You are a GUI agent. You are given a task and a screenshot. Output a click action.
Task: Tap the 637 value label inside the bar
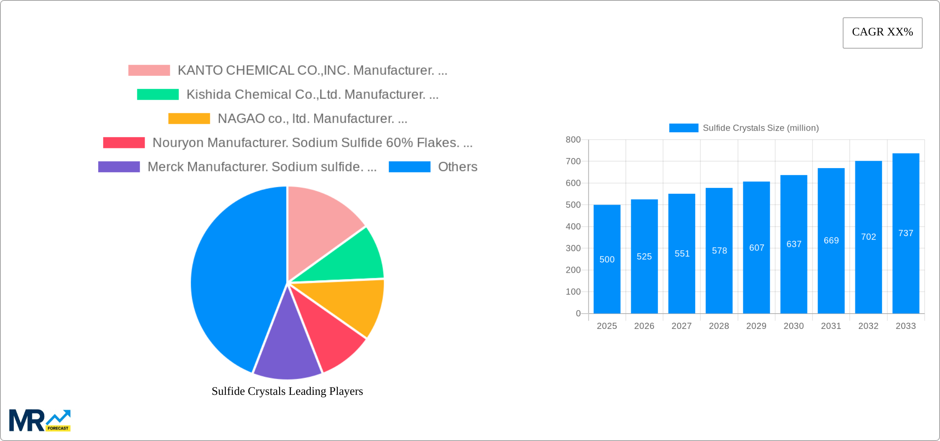click(794, 244)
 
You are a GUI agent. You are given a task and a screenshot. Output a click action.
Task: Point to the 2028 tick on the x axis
click(719, 326)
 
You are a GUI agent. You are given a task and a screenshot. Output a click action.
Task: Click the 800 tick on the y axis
click(573, 140)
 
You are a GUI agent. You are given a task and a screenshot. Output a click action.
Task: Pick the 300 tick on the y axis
click(573, 248)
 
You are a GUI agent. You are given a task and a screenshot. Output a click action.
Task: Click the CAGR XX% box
click(882, 33)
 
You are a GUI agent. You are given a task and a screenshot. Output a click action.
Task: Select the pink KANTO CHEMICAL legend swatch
click(149, 70)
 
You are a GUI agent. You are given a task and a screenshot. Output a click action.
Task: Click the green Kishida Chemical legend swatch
click(157, 94)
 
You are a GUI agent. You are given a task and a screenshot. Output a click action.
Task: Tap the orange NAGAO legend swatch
click(189, 119)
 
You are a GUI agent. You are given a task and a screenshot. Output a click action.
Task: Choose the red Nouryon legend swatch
click(124, 143)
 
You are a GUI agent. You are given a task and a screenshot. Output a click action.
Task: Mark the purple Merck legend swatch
click(119, 167)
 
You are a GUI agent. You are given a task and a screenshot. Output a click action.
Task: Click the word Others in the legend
click(457, 167)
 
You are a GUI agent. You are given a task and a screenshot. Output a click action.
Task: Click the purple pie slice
click(287, 350)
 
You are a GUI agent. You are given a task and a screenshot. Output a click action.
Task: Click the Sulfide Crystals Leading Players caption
click(287, 391)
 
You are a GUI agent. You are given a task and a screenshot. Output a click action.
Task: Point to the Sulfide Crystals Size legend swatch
click(683, 128)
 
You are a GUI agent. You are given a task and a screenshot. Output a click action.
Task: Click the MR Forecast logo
click(40, 420)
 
